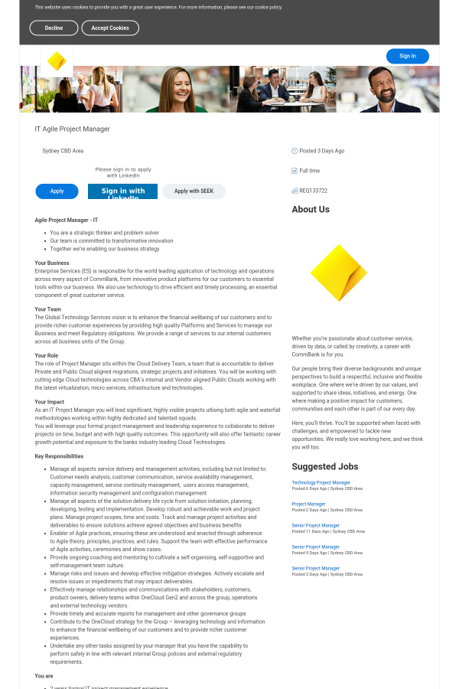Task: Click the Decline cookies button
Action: tap(54, 28)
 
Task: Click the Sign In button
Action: tap(407, 56)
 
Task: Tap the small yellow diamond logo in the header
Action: tap(57, 61)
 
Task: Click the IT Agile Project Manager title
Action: tap(73, 129)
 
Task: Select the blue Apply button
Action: tap(57, 191)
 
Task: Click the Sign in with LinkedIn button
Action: tap(122, 191)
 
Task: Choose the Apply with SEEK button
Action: tap(194, 191)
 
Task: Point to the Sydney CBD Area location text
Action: tap(63, 151)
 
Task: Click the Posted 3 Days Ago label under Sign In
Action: tap(321, 151)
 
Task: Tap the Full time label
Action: tap(309, 171)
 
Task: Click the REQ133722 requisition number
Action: tap(313, 191)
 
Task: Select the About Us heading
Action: tap(311, 209)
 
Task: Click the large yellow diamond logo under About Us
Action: tap(338, 273)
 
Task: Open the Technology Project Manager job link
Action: tap(321, 482)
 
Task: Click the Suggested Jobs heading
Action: tap(325, 466)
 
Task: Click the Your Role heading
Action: tap(46, 355)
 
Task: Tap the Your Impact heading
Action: tap(49, 401)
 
